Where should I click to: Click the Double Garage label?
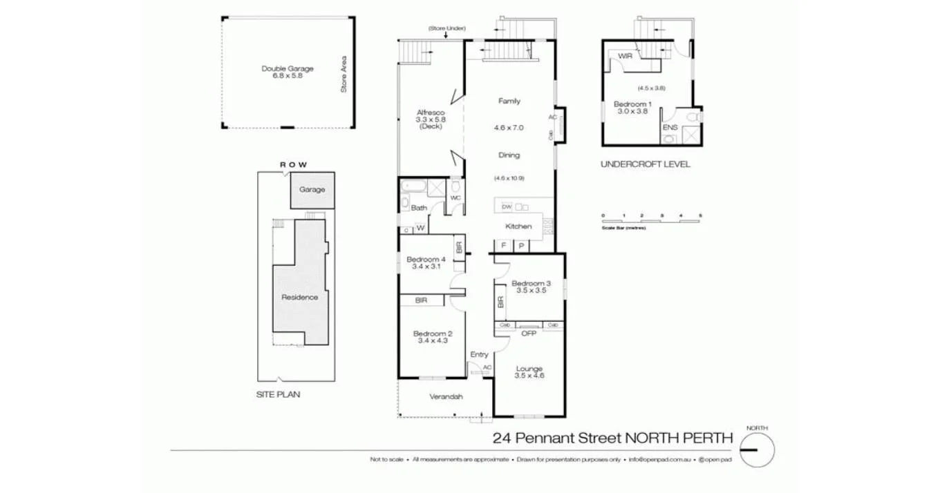(288, 68)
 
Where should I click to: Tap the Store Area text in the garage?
(343, 75)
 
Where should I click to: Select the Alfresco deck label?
(430, 113)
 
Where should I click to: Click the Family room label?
(509, 101)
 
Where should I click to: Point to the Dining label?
(509, 155)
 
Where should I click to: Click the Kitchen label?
(518, 226)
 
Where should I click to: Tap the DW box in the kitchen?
(506, 206)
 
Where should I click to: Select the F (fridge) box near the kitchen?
(503, 245)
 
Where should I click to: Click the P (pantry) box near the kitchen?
(520, 245)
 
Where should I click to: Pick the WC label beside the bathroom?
(455, 198)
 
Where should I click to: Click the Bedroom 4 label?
(425, 260)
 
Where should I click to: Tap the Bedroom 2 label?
(429, 334)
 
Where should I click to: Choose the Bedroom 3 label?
(531, 283)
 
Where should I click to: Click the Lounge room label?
(529, 369)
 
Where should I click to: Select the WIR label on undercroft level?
(625, 56)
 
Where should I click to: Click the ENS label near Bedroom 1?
(670, 128)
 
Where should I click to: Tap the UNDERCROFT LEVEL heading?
(645, 164)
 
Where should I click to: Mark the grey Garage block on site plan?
(312, 190)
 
